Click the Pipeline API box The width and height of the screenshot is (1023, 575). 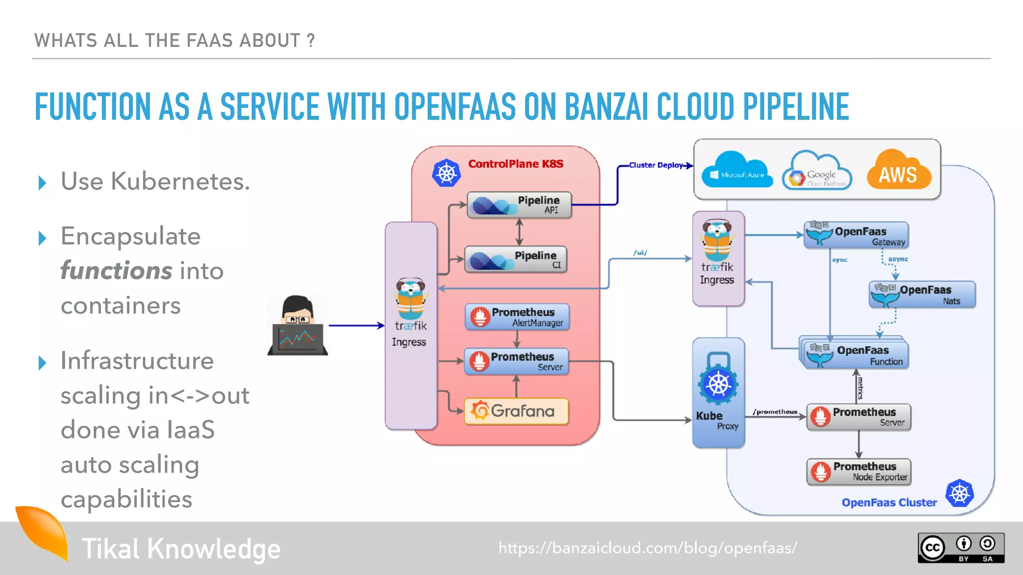[519, 205]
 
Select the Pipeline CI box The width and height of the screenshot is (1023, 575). [516, 259]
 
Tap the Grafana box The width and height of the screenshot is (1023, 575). [516, 411]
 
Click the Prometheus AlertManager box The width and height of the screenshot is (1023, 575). [517, 317]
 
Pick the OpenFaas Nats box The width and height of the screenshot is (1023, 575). [922, 294]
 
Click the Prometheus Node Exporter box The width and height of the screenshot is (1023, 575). [859, 472]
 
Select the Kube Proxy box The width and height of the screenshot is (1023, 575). [718, 393]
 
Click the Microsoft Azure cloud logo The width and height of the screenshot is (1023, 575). [737, 171]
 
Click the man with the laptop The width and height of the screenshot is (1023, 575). [298, 325]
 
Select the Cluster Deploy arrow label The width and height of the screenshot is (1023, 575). [655, 165]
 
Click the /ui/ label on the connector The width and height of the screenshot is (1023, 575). [640, 253]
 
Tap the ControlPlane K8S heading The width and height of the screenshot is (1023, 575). [515, 164]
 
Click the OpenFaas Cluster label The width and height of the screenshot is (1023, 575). [889, 503]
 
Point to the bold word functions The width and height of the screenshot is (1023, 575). [116, 271]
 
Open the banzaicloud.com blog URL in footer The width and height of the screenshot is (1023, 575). [647, 548]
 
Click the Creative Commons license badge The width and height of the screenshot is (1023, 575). [961, 548]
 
